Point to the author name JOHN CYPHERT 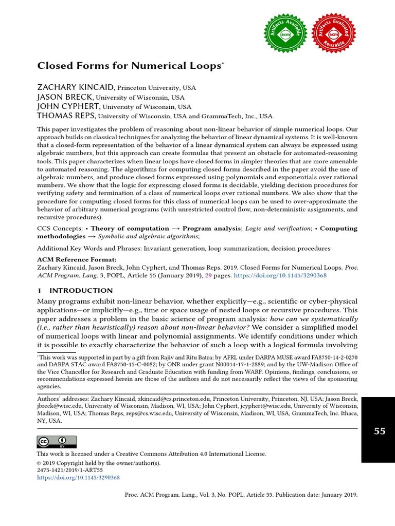pos(66,106)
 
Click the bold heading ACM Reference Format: pos(77,260)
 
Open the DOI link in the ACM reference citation pos(280,275)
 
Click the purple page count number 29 pos(208,275)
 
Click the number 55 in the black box pos(379,431)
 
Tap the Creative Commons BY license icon pos(56,442)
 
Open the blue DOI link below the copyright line pos(78,477)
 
